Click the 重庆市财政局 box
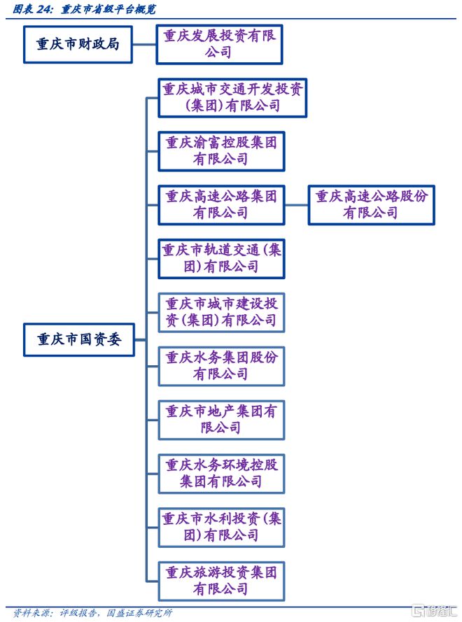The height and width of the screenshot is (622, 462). tap(78, 43)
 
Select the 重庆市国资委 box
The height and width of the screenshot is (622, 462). tap(78, 339)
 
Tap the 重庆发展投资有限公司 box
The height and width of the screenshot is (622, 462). tap(220, 44)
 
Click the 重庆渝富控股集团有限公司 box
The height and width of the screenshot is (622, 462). tap(220, 150)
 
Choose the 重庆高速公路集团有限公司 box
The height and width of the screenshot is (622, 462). tap(220, 204)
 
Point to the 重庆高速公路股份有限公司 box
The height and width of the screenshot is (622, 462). tap(371, 204)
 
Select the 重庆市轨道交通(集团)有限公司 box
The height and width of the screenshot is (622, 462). tap(220, 258)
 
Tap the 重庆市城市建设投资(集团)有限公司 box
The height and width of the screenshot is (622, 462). tap(220, 312)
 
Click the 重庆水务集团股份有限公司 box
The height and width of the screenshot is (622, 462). tap(220, 366)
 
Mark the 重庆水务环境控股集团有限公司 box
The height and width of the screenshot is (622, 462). tap(220, 473)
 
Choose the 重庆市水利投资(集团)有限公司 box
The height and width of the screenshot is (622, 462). tap(220, 527)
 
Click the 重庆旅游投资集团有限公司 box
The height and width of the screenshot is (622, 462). tap(220, 581)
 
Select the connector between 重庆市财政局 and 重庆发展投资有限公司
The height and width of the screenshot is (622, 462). tap(144, 43)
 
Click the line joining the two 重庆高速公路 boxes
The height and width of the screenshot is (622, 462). tap(296, 204)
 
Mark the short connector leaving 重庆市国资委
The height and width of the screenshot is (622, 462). tap(140, 339)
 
